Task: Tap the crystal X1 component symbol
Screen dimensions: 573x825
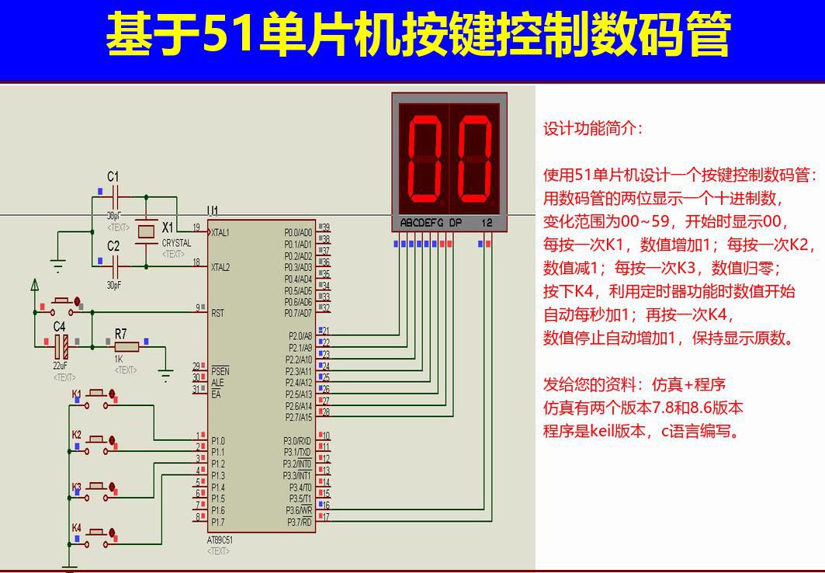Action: point(146,231)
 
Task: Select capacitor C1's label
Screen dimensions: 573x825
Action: point(113,176)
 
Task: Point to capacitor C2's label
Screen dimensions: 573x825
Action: point(113,246)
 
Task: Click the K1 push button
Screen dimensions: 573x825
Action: point(98,394)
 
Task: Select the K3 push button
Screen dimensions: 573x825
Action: point(98,486)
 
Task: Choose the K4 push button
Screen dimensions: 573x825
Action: point(98,533)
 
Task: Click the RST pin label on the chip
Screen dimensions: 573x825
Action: point(217,313)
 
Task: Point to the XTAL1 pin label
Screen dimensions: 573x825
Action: point(220,232)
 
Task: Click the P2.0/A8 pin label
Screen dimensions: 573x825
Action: point(300,335)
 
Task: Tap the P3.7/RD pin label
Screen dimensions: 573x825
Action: point(300,522)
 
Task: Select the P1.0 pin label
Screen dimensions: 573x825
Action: point(218,440)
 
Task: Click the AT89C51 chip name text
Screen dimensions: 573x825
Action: point(220,540)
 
